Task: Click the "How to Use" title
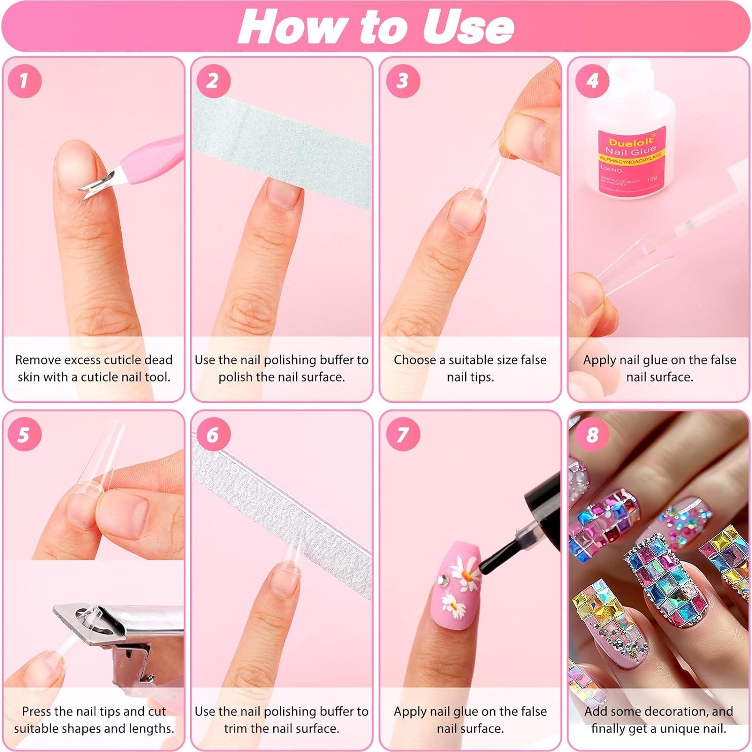point(375,26)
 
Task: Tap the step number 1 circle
point(24,81)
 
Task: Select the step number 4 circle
point(592,81)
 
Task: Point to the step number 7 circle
point(402,435)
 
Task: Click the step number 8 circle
point(592,435)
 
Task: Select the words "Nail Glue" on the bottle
point(630,151)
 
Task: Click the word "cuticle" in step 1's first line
point(124,360)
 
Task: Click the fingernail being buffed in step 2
point(282,194)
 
